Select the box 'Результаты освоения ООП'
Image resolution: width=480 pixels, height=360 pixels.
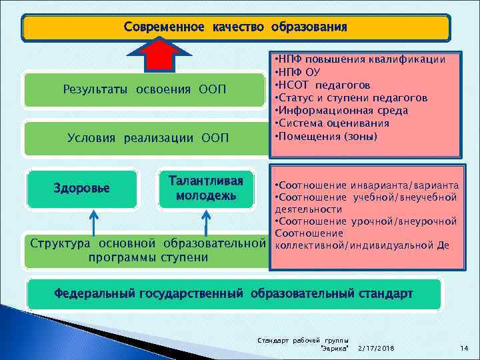click(145, 89)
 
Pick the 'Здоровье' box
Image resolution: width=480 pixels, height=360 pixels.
click(81, 188)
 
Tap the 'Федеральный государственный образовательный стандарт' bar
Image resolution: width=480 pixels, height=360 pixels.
click(233, 293)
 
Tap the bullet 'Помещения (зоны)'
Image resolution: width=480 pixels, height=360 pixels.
click(326, 136)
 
